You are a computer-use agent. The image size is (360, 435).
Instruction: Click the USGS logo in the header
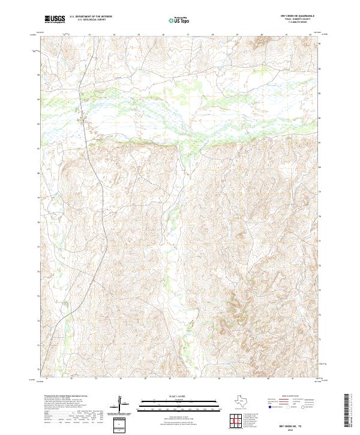[55, 19]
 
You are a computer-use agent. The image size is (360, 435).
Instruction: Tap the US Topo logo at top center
[178, 20]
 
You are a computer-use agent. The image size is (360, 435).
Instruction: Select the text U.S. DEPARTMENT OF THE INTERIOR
[91, 16]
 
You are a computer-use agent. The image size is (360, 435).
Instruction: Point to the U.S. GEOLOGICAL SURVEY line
[88, 20]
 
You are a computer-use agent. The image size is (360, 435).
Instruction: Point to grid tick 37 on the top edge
[188, 35]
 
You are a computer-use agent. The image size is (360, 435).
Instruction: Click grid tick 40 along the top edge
[262, 35]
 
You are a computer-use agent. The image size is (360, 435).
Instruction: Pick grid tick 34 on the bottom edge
[121, 379]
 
